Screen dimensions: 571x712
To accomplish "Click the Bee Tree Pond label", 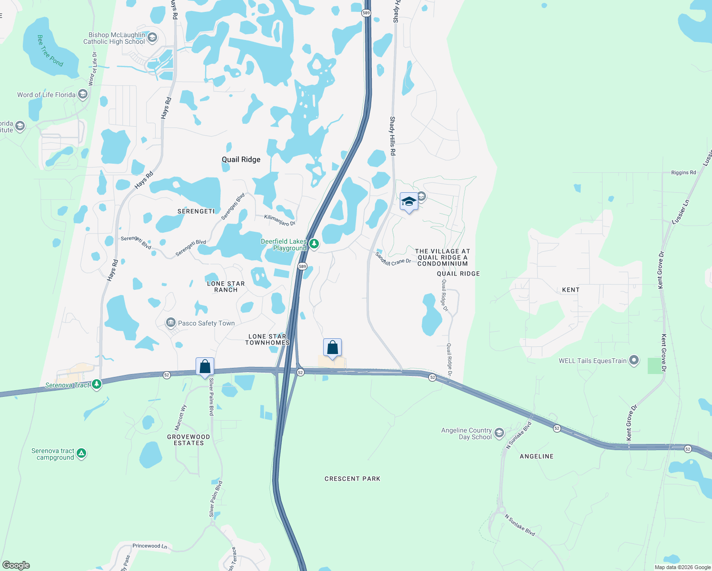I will click(49, 50).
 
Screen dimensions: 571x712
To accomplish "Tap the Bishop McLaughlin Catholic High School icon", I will click(152, 38).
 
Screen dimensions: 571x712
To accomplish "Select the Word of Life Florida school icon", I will click(83, 94).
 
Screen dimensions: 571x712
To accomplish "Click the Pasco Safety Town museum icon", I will click(170, 323).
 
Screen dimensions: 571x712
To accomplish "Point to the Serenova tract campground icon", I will click(81, 453).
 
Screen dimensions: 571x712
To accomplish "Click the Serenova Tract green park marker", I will click(97, 384).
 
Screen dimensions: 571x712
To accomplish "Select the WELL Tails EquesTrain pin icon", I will click(633, 360).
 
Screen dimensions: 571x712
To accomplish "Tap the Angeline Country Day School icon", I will click(499, 433).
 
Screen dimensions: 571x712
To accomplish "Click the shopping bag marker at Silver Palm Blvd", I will click(205, 367).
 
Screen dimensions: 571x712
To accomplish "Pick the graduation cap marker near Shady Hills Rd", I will click(409, 202).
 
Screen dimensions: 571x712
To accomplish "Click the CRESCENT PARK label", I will click(352, 479).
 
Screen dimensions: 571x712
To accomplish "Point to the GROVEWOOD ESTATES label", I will click(188, 440).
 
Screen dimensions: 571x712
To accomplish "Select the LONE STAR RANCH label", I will click(226, 286).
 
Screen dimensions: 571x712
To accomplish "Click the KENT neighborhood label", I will click(571, 290).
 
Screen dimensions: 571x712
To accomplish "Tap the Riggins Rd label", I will click(683, 173).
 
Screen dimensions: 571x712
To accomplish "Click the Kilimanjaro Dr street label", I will click(280, 220).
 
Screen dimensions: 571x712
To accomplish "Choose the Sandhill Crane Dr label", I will click(393, 260).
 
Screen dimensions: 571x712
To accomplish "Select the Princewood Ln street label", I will click(150, 546).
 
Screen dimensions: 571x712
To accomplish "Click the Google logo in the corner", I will click(16, 565).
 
